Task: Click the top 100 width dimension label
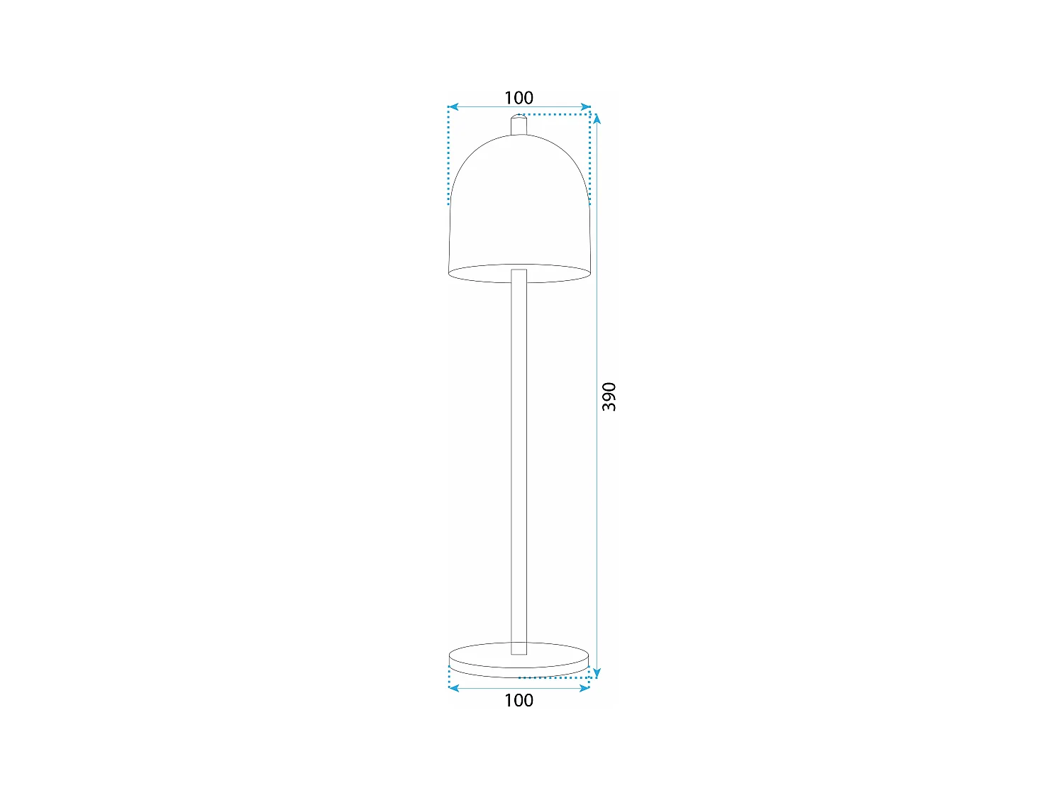(x=519, y=98)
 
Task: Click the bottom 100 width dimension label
(x=519, y=700)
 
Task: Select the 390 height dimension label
(x=609, y=397)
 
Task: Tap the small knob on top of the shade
(x=519, y=124)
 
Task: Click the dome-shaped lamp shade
(x=519, y=206)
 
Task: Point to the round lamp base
(x=519, y=660)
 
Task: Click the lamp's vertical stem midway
(x=519, y=461)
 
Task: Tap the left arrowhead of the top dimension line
(x=453, y=107)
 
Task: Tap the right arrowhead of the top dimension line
(x=586, y=107)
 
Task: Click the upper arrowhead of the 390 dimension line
(x=597, y=118)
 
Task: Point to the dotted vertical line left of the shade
(x=449, y=156)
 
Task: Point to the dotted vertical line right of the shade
(x=590, y=156)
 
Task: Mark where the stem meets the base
(x=519, y=648)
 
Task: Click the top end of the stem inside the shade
(x=519, y=272)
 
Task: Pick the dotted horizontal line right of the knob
(x=557, y=113)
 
